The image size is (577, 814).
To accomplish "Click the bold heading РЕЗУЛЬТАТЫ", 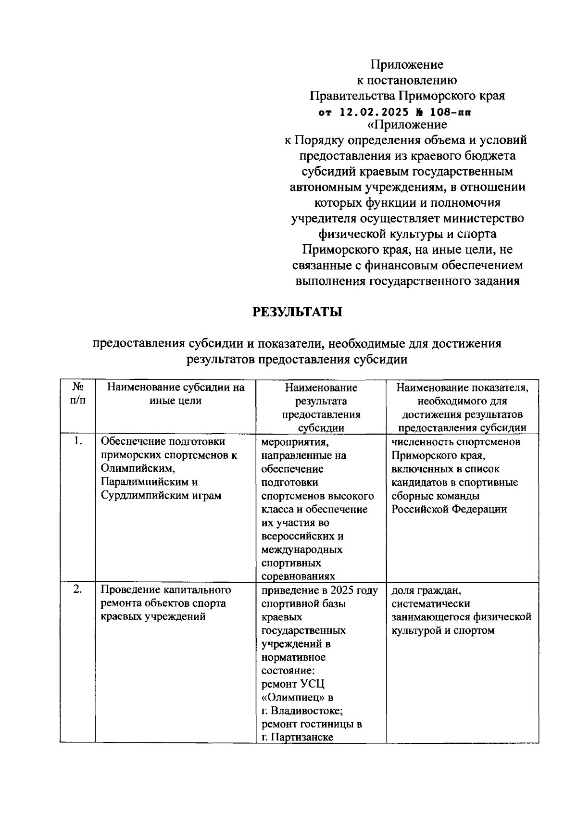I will pos(298,313).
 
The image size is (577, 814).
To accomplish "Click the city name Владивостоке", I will pos(306,711).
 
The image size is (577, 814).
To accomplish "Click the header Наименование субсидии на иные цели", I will pos(176,394).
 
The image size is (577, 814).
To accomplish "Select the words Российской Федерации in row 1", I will pos(449,509).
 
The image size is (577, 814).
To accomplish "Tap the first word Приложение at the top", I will pos(406,64).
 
